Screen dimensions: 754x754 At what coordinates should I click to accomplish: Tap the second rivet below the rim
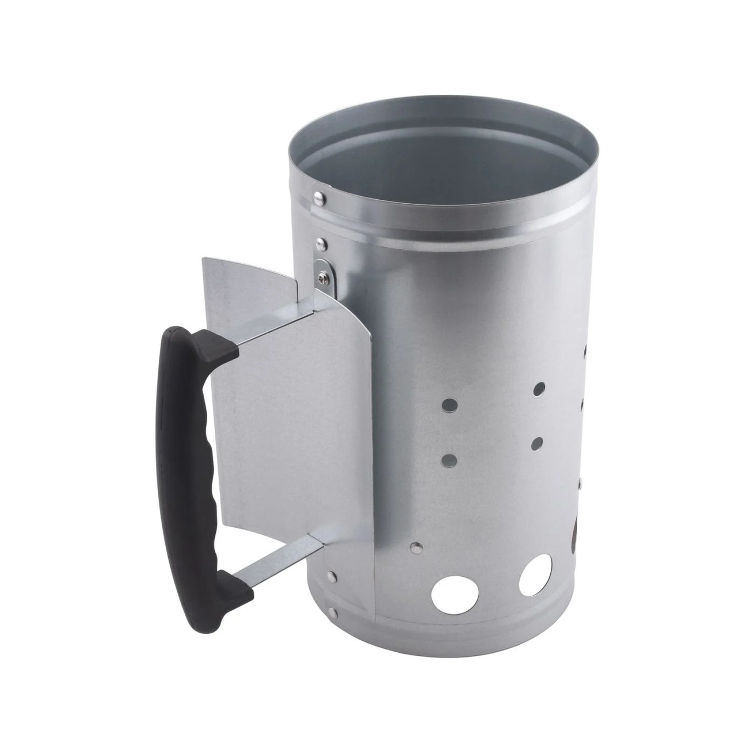click(x=320, y=243)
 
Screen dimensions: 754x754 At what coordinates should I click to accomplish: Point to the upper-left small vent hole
click(x=451, y=404)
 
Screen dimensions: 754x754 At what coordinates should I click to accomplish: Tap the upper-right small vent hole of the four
click(x=539, y=389)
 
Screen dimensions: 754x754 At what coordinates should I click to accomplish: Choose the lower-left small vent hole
click(x=451, y=459)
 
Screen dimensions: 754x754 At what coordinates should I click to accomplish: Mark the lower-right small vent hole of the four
click(x=537, y=443)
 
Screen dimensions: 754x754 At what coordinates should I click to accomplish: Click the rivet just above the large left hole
click(x=415, y=547)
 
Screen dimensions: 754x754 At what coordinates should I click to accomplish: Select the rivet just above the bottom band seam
click(x=332, y=576)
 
